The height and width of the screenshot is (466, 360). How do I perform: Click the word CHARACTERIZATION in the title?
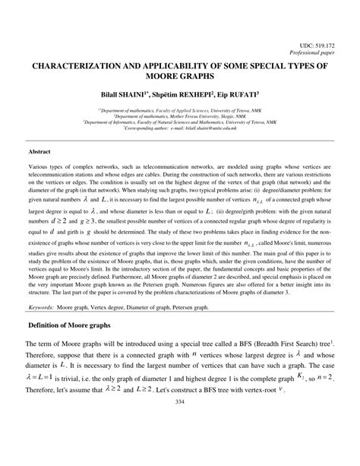click(77, 65)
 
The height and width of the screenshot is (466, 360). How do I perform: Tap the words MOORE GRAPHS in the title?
click(179, 77)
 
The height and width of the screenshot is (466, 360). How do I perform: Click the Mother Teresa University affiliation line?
click(179, 116)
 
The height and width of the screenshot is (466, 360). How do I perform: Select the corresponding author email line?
click(179, 129)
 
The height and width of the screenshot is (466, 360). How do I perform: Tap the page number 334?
click(179, 444)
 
